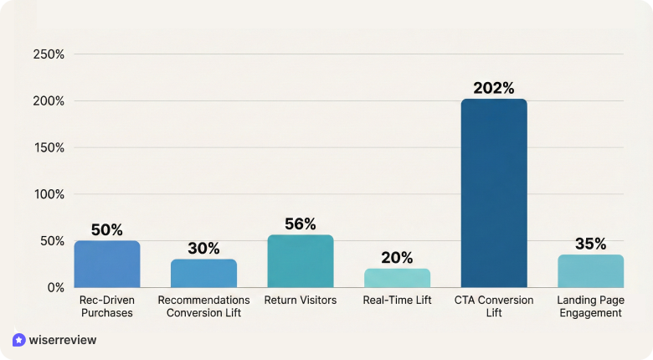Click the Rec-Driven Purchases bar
[107, 265]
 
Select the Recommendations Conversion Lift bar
[203, 273]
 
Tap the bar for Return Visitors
[301, 261]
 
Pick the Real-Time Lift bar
[398, 278]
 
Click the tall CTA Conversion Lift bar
[494, 193]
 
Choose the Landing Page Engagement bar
[590, 271]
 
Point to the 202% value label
[494, 88]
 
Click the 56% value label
[301, 224]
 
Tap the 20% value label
[398, 258]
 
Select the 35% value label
[590, 244]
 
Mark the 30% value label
[203, 248]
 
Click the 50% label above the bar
[107, 229]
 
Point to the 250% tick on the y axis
[49, 54]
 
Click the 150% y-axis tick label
[49, 147]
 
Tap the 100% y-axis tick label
[49, 194]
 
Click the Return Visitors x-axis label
[301, 300]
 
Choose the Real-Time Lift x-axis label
[398, 300]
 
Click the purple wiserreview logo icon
[19, 340]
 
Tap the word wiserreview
[63, 340]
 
